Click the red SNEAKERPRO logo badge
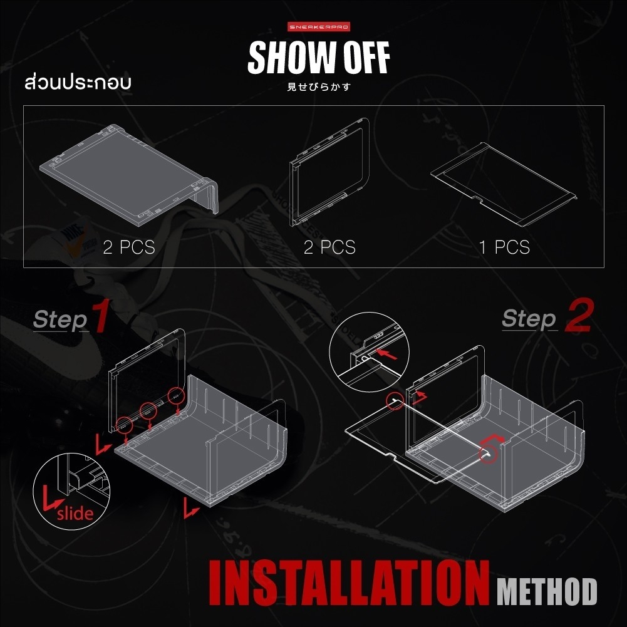tap(319, 27)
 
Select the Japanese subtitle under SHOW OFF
tap(319, 87)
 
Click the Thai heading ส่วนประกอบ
tap(78, 82)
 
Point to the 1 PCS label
tap(504, 247)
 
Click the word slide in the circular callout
tap(75, 513)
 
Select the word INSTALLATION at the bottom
tap(349, 583)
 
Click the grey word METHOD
tap(547, 591)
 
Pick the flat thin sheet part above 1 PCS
tap(504, 185)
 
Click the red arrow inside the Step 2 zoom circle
tap(387, 355)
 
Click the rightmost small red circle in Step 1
tap(176, 395)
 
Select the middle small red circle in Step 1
tap(148, 410)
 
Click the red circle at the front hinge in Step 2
tap(488, 454)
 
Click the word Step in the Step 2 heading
tap(529, 319)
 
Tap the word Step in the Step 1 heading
tap(61, 320)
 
